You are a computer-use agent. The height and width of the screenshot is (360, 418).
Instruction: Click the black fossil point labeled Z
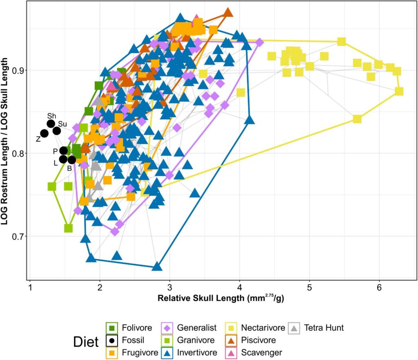click(44, 133)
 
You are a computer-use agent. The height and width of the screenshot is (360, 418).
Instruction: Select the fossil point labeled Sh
click(51, 124)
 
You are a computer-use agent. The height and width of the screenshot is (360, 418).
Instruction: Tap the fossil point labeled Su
click(57, 131)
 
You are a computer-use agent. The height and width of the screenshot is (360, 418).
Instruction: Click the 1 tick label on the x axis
click(30, 287)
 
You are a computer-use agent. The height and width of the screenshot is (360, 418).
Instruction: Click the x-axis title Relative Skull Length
click(221, 298)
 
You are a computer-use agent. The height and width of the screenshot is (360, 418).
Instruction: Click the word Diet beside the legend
click(86, 341)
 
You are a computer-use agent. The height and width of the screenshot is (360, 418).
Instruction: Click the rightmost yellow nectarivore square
click(399, 91)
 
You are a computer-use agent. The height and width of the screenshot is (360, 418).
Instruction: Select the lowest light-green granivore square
click(69, 228)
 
